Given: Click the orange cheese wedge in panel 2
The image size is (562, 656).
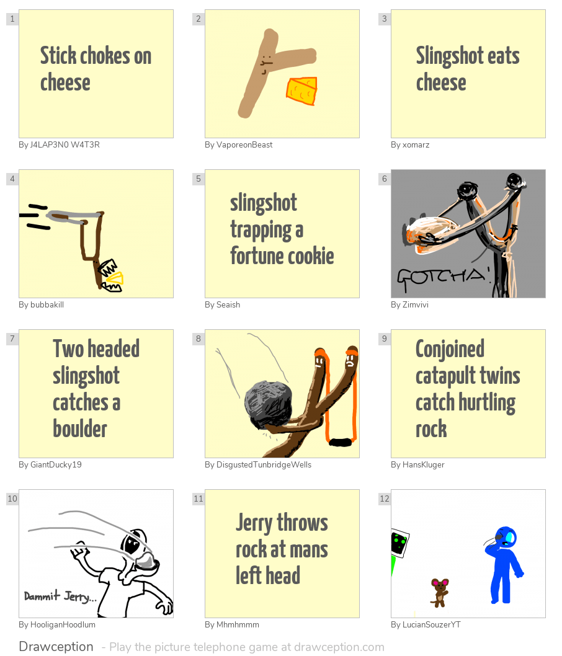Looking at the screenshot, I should pos(302,91).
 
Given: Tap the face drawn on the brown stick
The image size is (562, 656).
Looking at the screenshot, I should pos(266,64).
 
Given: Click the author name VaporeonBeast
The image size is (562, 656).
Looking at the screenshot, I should pos(238,145).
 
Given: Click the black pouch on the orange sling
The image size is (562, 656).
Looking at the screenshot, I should pos(340,442).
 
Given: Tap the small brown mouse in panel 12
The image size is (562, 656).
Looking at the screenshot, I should pos(440,592).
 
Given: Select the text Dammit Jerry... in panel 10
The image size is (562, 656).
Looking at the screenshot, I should pos(60,596).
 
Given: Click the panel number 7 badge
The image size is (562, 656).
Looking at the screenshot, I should pos(12,339).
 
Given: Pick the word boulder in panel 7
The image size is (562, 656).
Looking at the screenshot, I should pos(80,429).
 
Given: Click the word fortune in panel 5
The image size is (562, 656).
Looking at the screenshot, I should pos(256,256).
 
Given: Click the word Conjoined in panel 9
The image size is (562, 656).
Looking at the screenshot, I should pos(450,349).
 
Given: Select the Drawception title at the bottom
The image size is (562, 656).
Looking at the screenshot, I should pos(56,647).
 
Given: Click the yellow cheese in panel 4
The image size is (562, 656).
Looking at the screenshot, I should pos(115,280).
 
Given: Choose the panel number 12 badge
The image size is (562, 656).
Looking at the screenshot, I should pos(385,499).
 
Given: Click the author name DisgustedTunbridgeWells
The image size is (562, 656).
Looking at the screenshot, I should pos(258,465).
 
